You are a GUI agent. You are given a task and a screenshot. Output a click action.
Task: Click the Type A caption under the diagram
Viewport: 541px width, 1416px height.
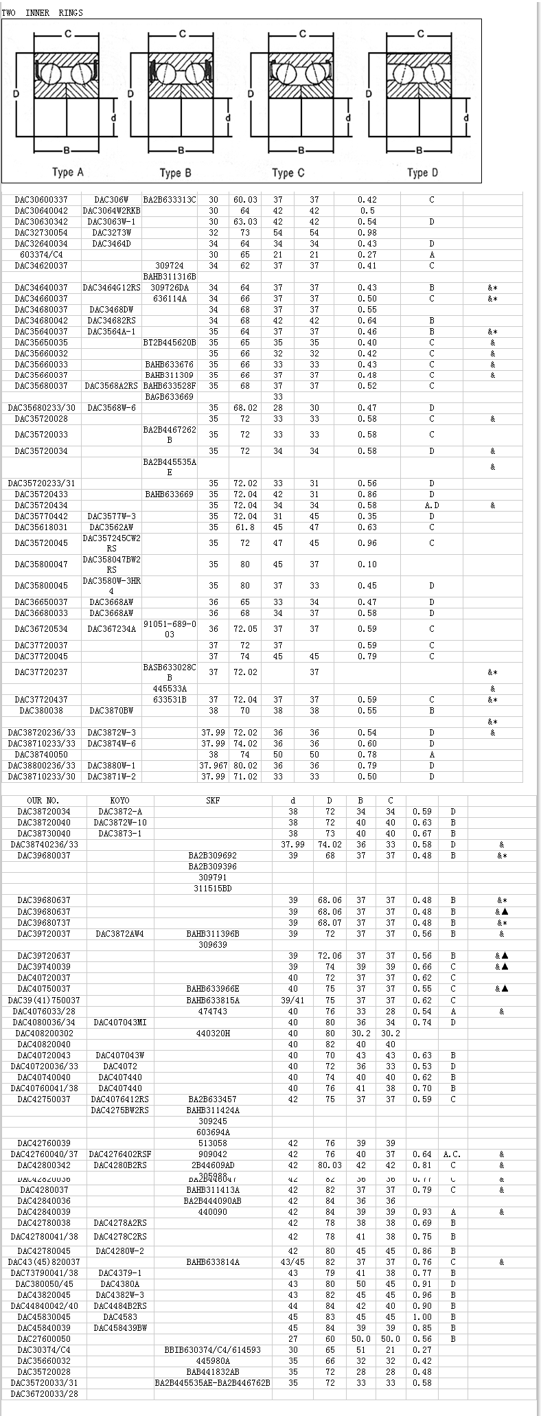[68, 172]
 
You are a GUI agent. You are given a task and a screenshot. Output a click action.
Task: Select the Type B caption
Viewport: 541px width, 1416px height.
[175, 172]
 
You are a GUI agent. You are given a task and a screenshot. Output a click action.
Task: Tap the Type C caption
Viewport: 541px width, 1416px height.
[288, 172]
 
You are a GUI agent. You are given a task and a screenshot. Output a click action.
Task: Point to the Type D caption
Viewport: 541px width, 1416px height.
[422, 172]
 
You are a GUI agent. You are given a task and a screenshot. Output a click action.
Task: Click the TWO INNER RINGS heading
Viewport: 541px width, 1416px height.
[43, 13]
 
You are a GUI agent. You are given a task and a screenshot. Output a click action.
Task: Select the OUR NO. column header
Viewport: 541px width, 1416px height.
[43, 801]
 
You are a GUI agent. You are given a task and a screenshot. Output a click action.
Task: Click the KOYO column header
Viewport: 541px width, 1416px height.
[119, 801]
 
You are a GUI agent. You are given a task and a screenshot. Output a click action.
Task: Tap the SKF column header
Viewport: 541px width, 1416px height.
[213, 801]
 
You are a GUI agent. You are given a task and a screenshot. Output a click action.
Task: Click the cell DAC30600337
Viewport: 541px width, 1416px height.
[41, 200]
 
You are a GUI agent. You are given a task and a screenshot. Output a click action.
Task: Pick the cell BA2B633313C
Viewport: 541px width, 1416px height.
[170, 200]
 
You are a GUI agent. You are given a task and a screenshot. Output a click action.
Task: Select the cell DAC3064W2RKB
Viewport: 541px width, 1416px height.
[112, 211]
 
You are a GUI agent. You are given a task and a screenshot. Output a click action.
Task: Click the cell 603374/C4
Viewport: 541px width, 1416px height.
[41, 255]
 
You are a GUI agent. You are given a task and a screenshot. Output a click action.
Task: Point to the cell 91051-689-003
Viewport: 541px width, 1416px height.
[170, 629]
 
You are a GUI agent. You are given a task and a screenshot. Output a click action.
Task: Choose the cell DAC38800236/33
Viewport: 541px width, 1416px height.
[41, 766]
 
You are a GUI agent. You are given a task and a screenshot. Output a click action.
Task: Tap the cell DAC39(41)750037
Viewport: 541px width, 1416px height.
[44, 1001]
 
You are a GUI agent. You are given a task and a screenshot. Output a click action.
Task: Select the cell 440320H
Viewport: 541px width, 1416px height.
[213, 1034]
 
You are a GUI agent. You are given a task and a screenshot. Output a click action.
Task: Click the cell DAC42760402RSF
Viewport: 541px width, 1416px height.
[120, 1154]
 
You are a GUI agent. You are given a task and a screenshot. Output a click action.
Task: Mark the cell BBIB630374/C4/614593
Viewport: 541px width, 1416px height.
[213, 1350]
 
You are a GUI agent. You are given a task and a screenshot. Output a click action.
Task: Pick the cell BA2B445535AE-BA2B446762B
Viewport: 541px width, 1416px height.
[213, 1383]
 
